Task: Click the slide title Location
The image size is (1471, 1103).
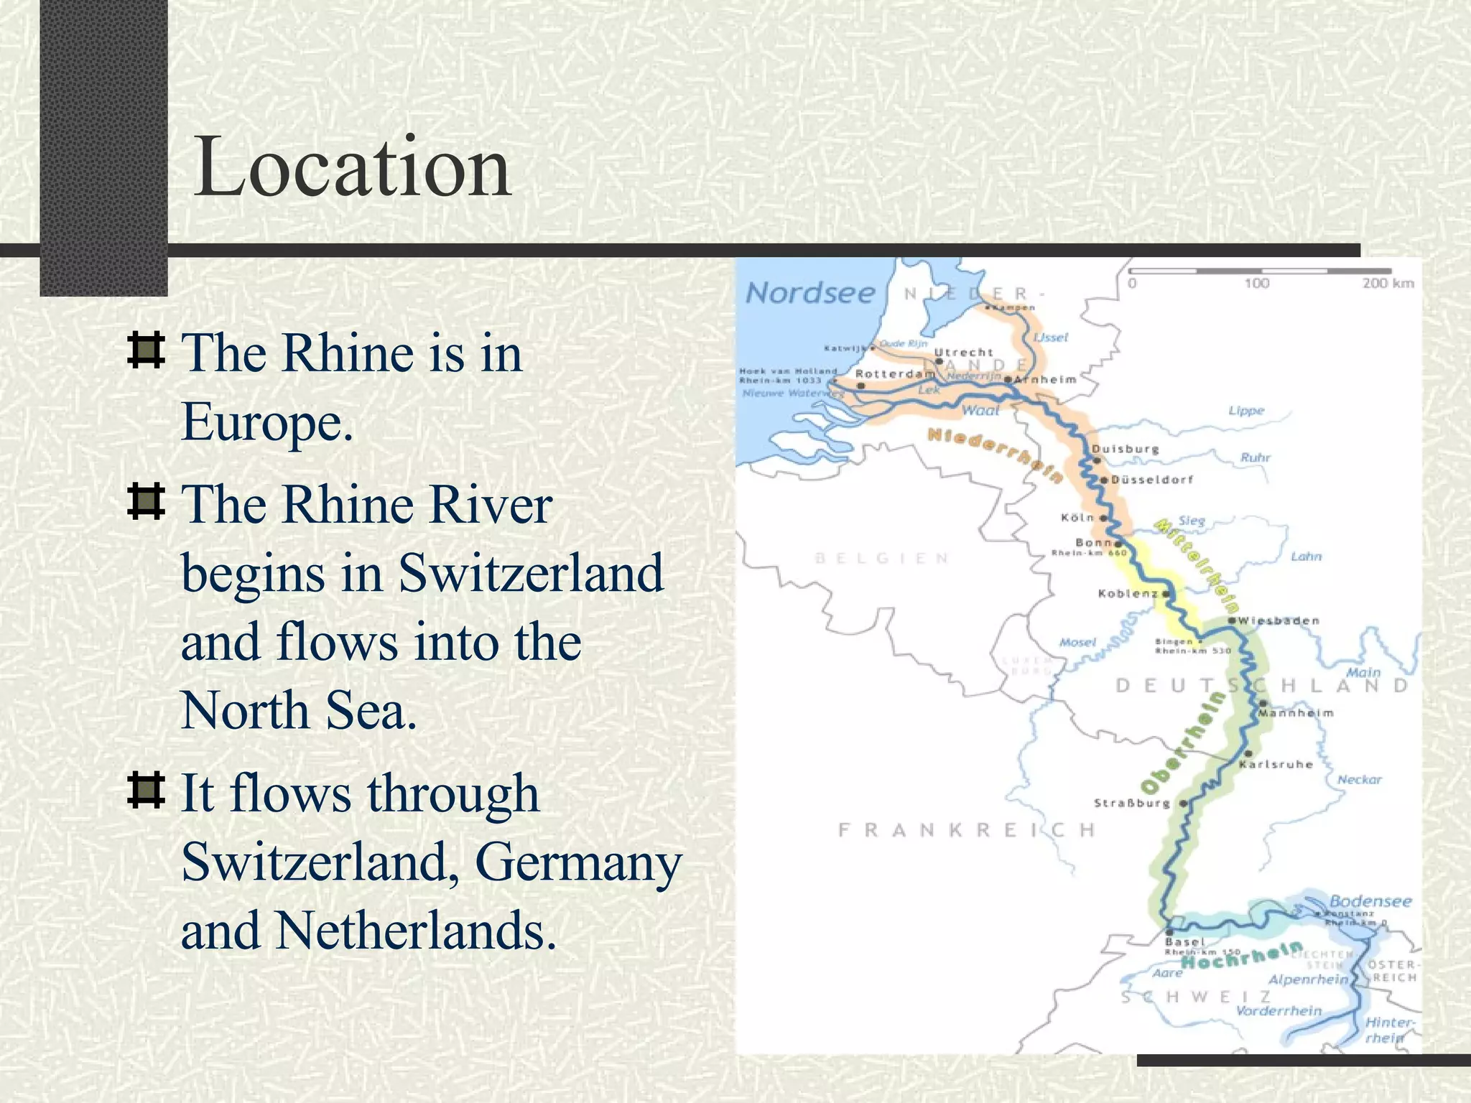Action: (352, 168)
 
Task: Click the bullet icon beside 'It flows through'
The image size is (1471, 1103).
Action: (146, 791)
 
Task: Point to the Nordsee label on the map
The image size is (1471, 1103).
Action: (810, 293)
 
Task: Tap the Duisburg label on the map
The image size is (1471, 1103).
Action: (1125, 450)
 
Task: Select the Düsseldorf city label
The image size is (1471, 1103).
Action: (1152, 480)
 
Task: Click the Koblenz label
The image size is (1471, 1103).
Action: (1128, 594)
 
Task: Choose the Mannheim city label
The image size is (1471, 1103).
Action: (1296, 713)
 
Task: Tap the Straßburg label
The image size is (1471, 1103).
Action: (1132, 804)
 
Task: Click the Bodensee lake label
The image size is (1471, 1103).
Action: (1370, 901)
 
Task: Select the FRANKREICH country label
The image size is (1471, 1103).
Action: (967, 831)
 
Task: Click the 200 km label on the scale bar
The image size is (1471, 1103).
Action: (1388, 284)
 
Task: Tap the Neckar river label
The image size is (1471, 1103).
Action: (1359, 780)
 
